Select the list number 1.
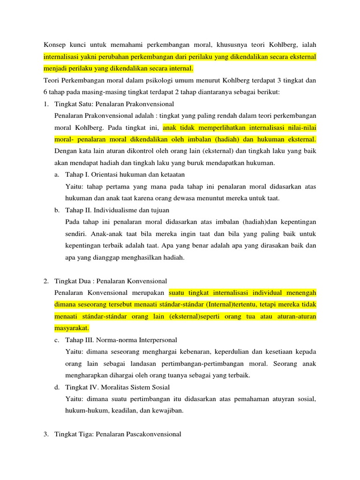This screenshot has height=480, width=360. (45, 104)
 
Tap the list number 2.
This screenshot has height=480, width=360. (45, 281)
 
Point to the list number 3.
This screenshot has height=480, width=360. (45, 435)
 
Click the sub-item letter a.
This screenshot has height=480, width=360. (56, 174)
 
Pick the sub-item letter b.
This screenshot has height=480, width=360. (56, 210)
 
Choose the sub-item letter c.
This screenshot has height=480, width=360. (56, 340)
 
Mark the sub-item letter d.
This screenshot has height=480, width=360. (56, 387)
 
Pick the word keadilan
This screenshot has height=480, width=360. (114, 411)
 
